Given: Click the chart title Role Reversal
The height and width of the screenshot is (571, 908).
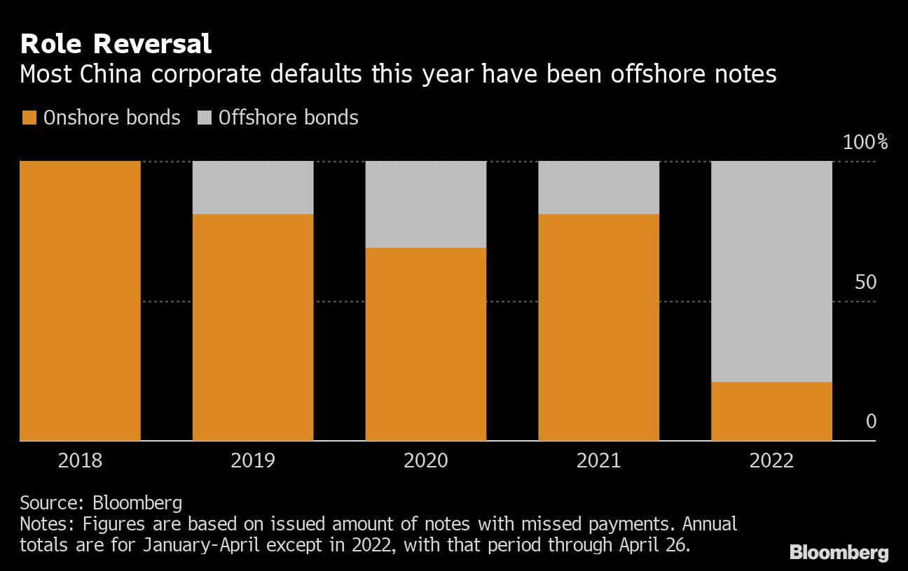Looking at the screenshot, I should (116, 44).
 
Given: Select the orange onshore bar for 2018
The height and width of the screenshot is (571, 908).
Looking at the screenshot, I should (81, 301).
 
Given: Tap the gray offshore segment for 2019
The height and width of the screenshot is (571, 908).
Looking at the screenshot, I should (253, 188).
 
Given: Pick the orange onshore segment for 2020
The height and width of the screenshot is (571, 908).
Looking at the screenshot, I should (426, 344).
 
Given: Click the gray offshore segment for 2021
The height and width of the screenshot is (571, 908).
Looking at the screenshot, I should (598, 188).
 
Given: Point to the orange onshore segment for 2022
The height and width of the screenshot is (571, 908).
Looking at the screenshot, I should (771, 411).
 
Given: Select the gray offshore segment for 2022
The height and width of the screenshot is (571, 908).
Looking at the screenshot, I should (771, 272).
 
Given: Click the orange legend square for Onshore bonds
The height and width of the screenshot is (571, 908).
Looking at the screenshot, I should (29, 118).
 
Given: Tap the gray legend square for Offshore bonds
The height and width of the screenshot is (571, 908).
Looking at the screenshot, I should (204, 118).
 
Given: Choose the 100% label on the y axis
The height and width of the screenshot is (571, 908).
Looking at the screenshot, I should (865, 143).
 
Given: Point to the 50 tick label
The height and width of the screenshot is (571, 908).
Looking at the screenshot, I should (867, 283).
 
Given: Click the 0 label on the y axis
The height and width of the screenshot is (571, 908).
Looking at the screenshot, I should (871, 421).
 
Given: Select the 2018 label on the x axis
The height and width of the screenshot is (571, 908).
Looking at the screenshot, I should (81, 460).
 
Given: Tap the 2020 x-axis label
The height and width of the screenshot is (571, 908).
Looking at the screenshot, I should (426, 460).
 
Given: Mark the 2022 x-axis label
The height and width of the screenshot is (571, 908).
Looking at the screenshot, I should (771, 460).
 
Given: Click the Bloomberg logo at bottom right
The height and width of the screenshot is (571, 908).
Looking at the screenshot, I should (839, 552).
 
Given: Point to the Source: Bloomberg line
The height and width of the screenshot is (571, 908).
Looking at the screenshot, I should (101, 502).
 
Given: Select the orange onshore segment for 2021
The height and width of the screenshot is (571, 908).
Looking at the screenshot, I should (598, 327).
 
